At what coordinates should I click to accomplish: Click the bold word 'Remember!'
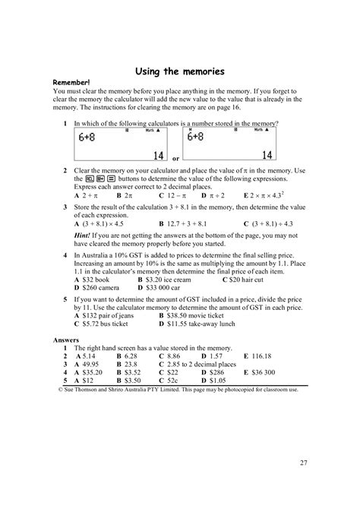(71, 83)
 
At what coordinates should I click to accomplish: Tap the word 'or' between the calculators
(175, 159)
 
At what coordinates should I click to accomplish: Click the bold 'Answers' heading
(66, 340)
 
